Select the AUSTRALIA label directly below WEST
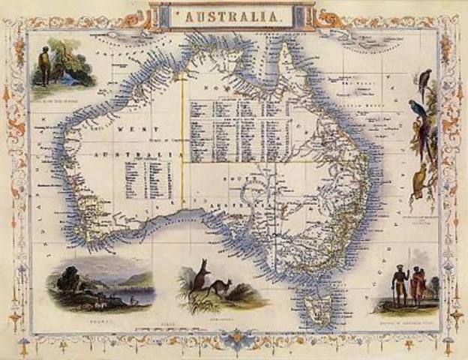click(141, 155)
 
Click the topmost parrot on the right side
click(425, 82)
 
